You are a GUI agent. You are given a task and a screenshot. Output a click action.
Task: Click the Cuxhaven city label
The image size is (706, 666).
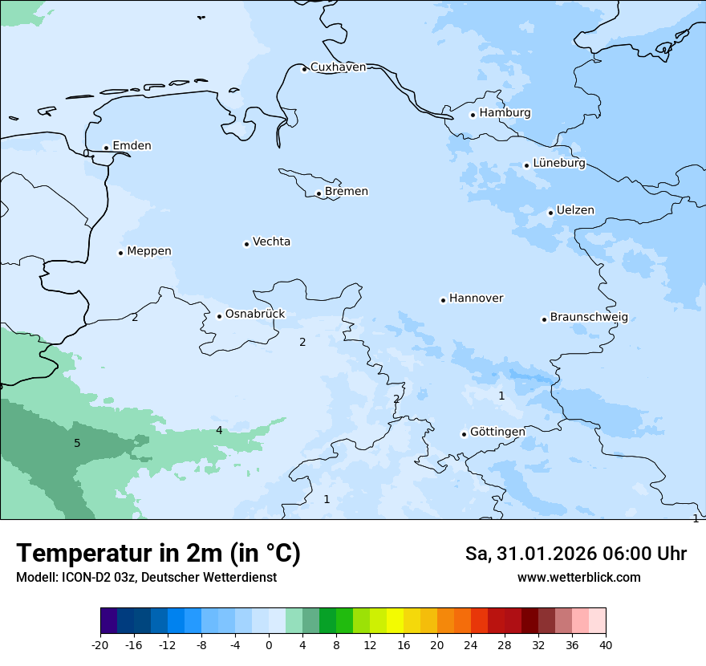[338, 67]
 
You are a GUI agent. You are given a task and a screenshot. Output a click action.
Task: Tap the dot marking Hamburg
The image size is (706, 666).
[473, 115]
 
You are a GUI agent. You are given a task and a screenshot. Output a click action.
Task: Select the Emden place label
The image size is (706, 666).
[132, 146]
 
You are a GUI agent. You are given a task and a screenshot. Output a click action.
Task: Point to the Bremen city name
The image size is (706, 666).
[346, 192]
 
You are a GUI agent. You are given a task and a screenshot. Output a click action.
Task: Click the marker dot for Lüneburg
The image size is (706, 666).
[526, 165]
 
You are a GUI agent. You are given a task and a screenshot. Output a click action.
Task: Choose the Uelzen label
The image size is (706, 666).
[575, 211]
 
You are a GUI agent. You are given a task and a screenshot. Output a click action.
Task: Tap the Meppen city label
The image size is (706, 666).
[148, 251]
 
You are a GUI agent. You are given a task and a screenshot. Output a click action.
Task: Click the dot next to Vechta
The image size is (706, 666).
[246, 244]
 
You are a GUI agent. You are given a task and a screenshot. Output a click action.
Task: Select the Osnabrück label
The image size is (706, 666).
[254, 315]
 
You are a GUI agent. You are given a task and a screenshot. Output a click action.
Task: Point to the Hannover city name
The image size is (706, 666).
[476, 298]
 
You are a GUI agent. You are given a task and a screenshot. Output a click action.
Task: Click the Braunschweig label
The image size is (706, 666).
[588, 318]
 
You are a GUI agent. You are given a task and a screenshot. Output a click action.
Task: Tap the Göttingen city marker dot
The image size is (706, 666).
[464, 434]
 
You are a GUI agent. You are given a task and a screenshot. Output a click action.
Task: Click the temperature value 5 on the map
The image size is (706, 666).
[77, 444]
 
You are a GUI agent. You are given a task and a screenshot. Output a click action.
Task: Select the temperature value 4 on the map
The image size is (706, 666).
[219, 431]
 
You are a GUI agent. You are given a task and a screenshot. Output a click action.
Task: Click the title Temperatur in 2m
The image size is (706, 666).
[158, 554]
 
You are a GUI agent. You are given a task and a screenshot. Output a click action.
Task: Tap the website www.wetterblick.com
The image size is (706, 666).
[578, 578]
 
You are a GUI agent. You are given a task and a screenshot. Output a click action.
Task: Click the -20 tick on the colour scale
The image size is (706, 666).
[100, 645]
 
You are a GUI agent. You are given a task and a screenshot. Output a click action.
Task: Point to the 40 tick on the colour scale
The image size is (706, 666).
[605, 645]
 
